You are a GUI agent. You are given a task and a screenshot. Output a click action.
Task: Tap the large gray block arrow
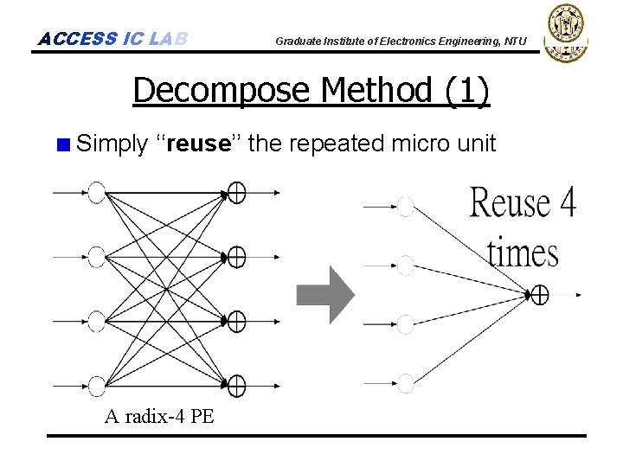(324, 294)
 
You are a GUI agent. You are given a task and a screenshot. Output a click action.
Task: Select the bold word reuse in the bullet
(197, 143)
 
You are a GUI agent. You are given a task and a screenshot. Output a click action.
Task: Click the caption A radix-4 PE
(159, 416)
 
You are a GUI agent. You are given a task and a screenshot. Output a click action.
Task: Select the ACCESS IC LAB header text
(112, 39)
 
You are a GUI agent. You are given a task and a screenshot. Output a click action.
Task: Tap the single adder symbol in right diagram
(540, 295)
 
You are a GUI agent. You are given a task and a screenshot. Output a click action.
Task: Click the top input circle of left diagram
(96, 192)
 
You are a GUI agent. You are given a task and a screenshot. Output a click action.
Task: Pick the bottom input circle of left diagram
(96, 386)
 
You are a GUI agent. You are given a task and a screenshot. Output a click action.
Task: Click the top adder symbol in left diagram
(236, 192)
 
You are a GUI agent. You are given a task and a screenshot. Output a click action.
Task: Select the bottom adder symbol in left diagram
(236, 386)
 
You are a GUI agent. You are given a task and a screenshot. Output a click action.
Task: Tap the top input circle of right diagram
(405, 206)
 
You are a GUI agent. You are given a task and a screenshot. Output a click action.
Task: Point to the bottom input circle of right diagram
(405, 381)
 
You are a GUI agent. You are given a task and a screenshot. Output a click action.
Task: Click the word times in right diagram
(522, 253)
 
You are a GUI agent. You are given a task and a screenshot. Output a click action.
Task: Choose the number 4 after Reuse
(567, 204)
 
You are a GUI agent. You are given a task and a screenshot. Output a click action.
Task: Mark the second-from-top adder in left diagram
(236, 257)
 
